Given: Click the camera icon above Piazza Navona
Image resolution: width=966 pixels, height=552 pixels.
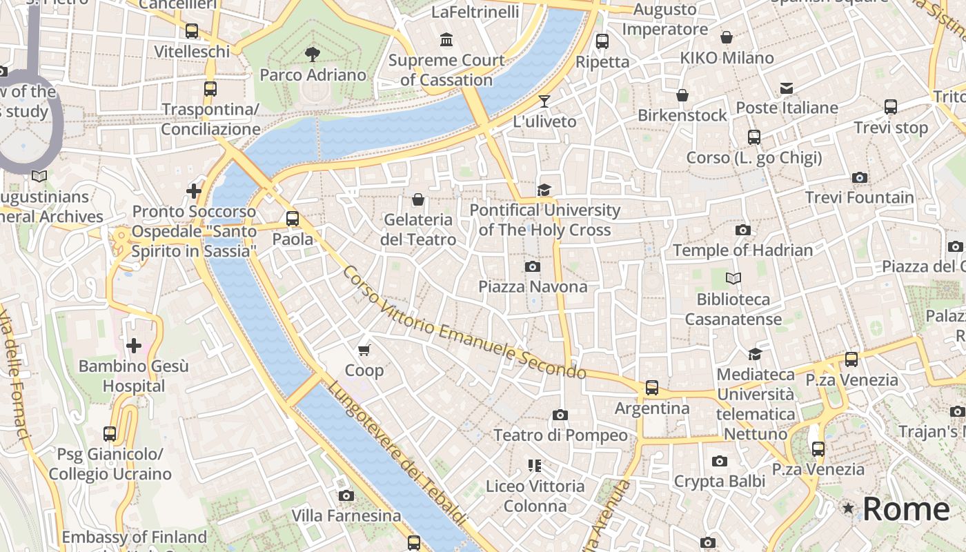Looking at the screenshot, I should [x=532, y=266].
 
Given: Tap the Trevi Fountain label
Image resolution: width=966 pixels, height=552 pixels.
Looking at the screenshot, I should [x=859, y=197].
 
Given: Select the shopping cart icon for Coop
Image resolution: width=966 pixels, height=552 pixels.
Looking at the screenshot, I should [x=364, y=351].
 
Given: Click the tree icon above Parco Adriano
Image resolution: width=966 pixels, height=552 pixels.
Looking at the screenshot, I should [x=313, y=54].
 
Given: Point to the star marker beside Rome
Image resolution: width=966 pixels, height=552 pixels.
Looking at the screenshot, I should [x=848, y=509].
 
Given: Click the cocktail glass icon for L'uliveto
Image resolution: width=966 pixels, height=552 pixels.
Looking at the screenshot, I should [x=544, y=101].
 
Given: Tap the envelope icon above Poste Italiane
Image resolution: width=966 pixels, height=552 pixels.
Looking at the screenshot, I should [x=787, y=88].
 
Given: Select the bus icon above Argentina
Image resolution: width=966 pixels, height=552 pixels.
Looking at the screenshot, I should [x=652, y=388].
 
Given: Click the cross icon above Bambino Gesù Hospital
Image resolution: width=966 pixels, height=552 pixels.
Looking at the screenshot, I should [x=134, y=345].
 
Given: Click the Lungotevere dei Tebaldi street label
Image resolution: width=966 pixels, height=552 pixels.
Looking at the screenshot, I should [x=396, y=453].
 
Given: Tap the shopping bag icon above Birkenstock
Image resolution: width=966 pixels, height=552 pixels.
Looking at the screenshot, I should [x=682, y=95].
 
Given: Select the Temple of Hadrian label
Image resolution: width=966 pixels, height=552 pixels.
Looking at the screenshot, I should [x=742, y=250].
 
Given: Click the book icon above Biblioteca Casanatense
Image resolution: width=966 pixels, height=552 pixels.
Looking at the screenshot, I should [x=733, y=278].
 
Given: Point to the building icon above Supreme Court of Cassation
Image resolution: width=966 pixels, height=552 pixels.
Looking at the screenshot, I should [x=446, y=40].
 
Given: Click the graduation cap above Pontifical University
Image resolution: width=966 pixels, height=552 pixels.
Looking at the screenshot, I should [x=544, y=190].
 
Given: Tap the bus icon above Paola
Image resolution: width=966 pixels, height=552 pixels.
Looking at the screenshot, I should [x=293, y=219].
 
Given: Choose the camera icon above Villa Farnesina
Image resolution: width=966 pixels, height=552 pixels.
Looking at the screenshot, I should [x=346, y=495].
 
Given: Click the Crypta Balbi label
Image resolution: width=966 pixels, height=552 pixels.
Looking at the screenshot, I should [x=719, y=481].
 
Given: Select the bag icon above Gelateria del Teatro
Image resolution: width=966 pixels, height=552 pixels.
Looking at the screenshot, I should [x=417, y=200].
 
